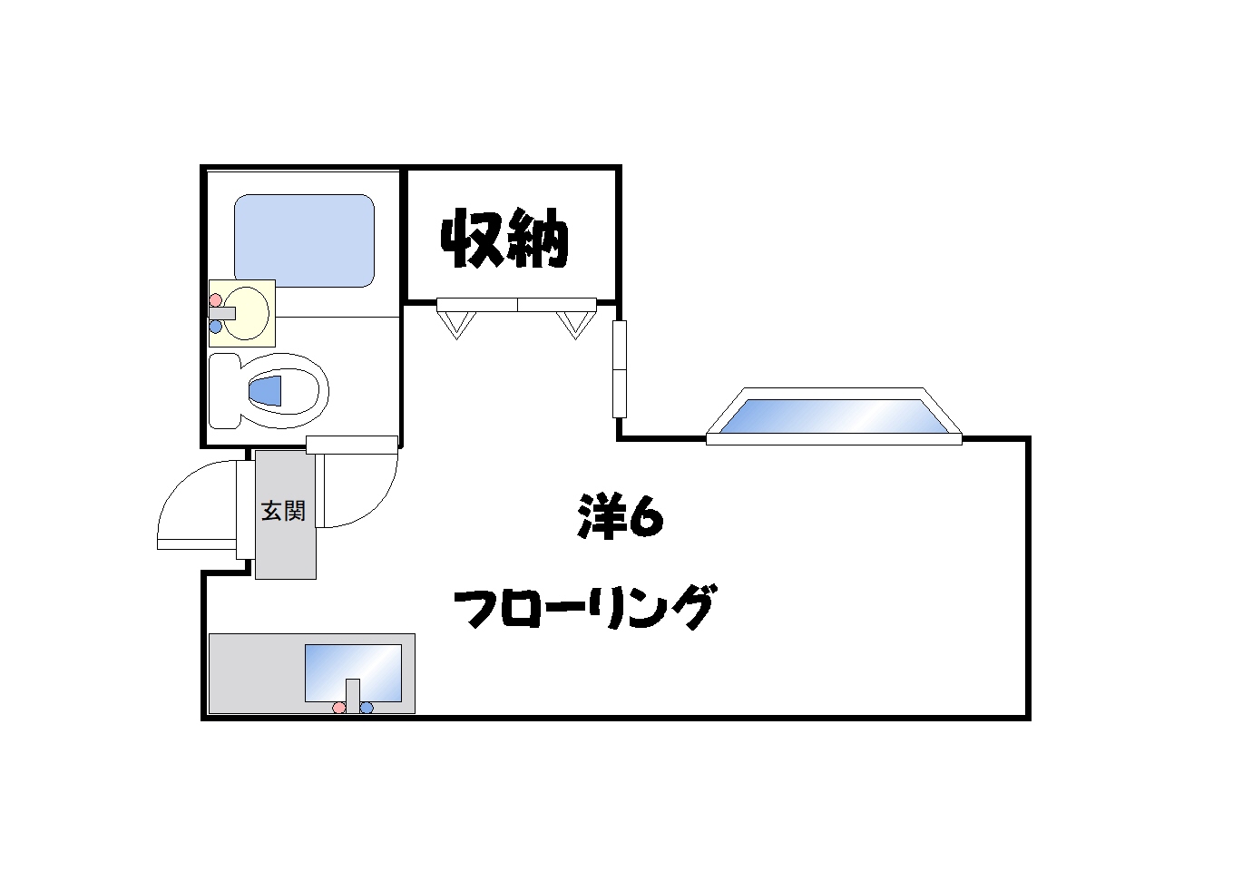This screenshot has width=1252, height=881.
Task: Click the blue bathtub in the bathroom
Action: coord(304,240)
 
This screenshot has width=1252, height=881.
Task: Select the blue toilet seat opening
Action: coord(266,391)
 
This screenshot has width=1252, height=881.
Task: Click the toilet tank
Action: coord(224,390)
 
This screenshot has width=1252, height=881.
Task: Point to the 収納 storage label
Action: coord(504,240)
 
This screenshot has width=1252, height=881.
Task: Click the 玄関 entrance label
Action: coord(283,511)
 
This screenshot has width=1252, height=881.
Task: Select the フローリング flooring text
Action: coord(585,606)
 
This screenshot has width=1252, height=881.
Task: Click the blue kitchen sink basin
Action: coord(353,671)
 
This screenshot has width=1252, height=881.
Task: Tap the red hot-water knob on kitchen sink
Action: coord(339,708)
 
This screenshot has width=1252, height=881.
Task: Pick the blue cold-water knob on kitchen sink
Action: coord(367,708)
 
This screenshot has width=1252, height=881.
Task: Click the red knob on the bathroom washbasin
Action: coord(215,299)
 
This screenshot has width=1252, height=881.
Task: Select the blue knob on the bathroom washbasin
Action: coord(215,327)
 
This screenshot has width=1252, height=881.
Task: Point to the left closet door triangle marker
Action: coord(456,322)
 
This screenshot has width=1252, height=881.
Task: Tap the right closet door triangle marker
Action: coord(574,322)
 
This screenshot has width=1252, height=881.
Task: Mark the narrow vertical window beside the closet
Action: coord(620,368)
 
